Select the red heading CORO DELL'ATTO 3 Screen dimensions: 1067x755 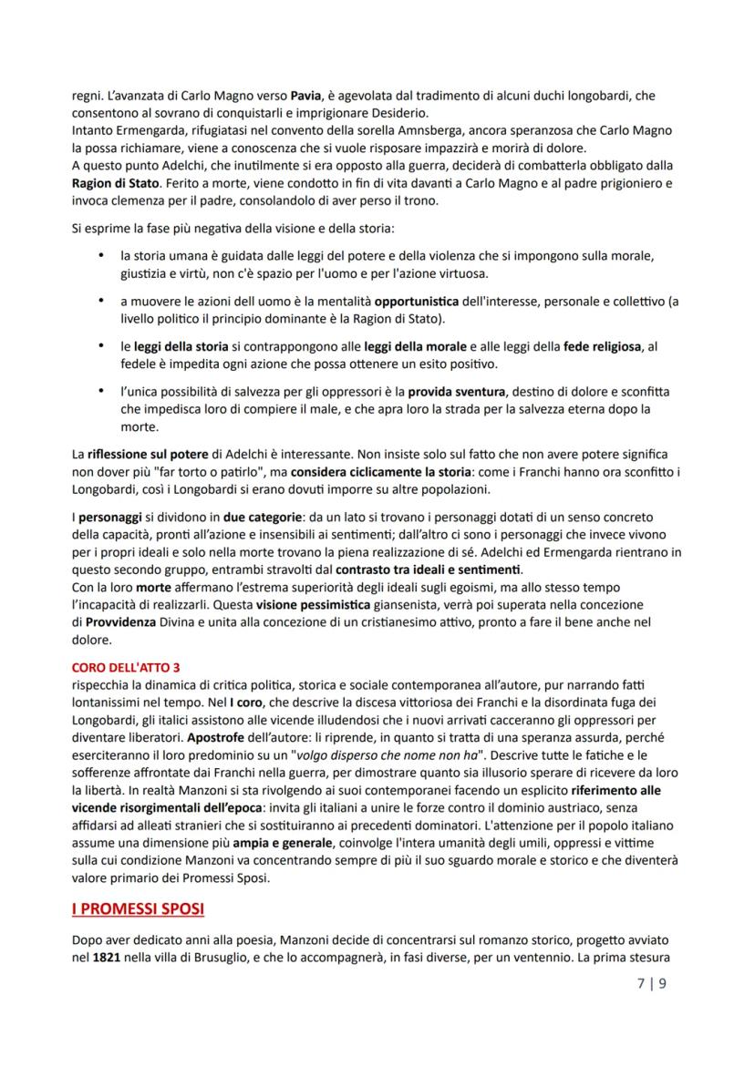[125, 667]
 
